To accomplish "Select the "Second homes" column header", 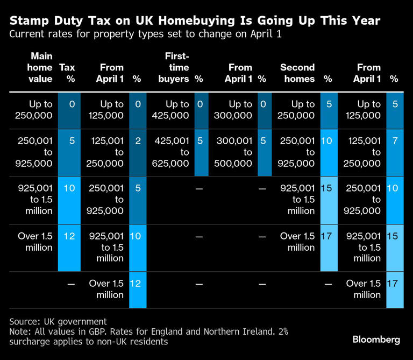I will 297,73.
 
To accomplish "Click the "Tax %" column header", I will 67,73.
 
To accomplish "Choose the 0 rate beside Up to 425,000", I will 200,104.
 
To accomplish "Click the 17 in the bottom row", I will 394,283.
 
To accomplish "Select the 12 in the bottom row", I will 136,283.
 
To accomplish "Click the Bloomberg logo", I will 376,339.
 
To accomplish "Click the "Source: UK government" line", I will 58,321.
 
